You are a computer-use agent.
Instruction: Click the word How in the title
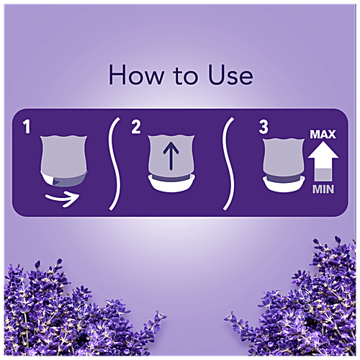136,75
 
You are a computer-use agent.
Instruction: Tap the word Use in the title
230,75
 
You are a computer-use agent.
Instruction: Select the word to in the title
185,76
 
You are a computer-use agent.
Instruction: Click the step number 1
27,127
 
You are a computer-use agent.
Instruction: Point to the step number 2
136,127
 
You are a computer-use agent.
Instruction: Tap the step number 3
264,127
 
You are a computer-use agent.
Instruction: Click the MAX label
323,135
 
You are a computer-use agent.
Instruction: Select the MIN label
323,189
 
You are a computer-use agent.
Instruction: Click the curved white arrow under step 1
63,199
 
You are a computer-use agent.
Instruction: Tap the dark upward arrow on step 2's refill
171,156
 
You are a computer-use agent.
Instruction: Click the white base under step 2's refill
171,184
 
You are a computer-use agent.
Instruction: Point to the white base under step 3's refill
284,185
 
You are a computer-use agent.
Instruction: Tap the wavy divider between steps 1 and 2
114,163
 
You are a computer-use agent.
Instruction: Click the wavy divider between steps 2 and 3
228,163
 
